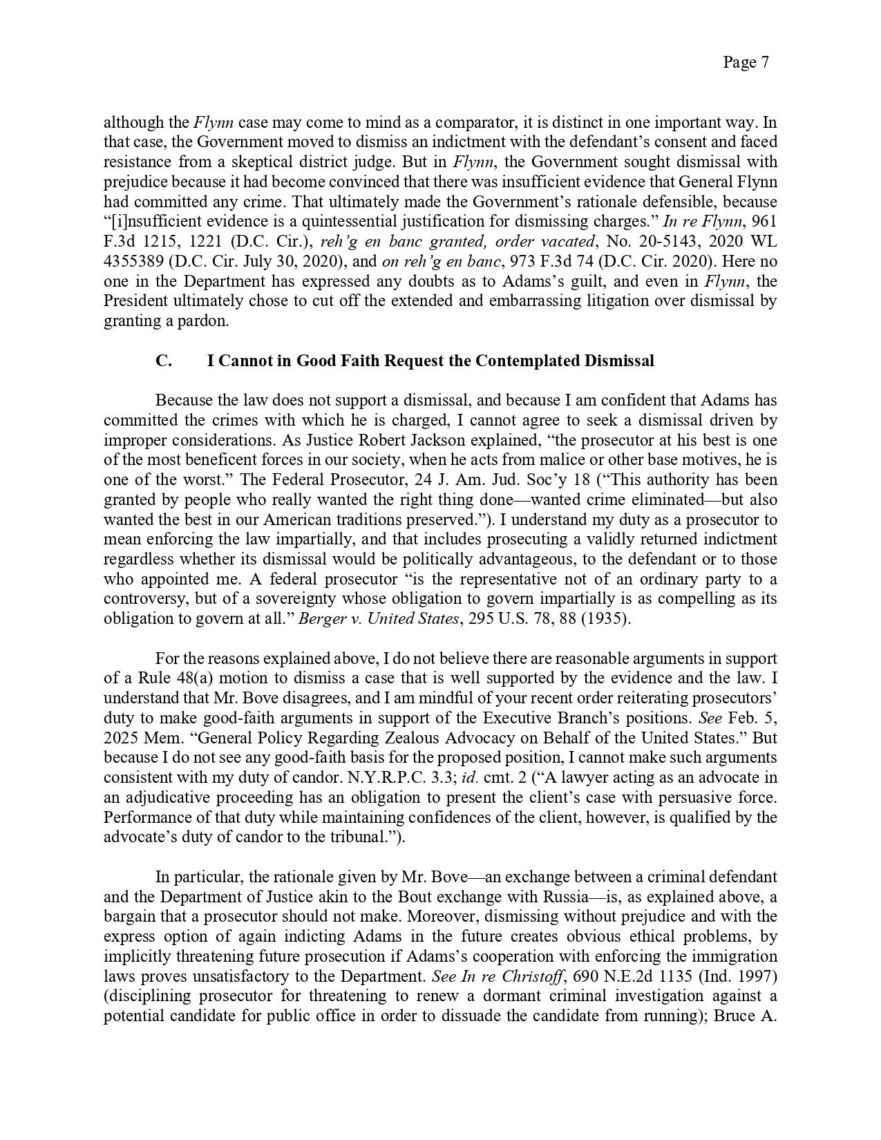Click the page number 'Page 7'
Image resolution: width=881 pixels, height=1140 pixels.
coord(746,62)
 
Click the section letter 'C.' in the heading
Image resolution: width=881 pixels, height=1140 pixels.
coord(164,361)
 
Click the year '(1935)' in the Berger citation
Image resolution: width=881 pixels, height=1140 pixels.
coord(606,619)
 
